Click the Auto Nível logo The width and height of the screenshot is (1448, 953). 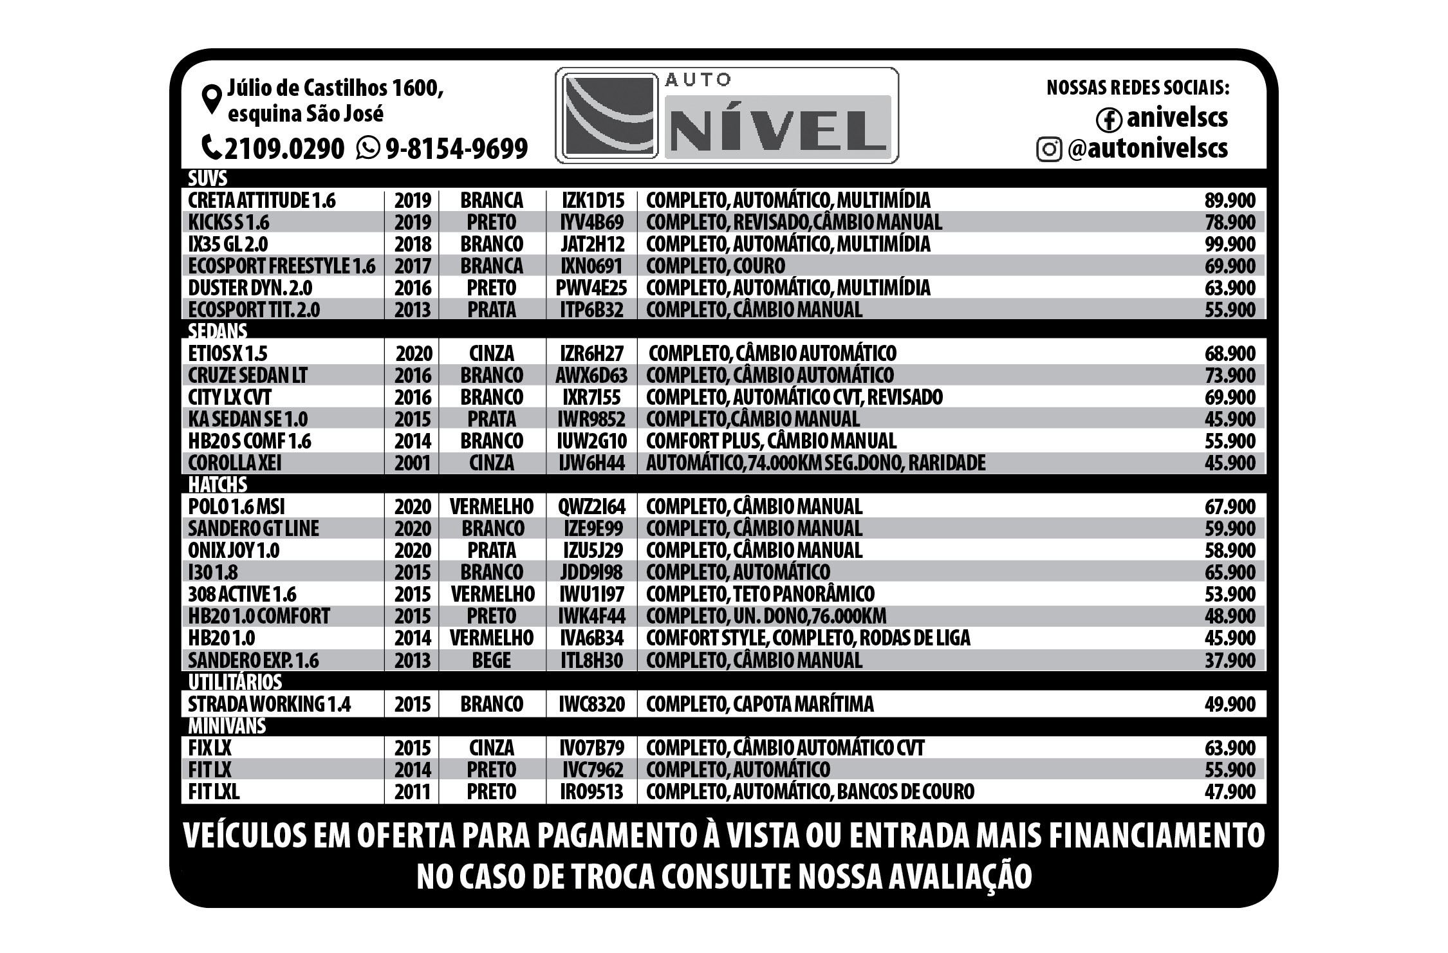pyautogui.click(x=727, y=116)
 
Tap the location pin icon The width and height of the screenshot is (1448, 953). pyautogui.click(x=212, y=100)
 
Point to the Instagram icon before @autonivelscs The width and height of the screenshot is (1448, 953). pyautogui.click(x=1049, y=149)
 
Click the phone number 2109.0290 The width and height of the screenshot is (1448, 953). pyautogui.click(x=284, y=149)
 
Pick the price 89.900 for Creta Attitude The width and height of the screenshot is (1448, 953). pyautogui.click(x=1229, y=200)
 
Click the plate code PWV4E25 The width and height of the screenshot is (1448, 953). pyautogui.click(x=591, y=288)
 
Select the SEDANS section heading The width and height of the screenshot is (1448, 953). pyautogui.click(x=218, y=331)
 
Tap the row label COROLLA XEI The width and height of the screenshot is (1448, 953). pyautogui.click(x=234, y=463)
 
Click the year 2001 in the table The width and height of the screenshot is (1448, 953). pyautogui.click(x=412, y=463)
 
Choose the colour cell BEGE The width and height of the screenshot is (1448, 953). pyautogui.click(x=491, y=660)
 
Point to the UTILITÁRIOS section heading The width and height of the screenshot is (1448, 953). pyautogui.click(x=235, y=681)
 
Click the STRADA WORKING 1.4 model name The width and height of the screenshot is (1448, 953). pyautogui.click(x=269, y=704)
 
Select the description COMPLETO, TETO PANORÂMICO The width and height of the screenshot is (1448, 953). pyautogui.click(x=760, y=594)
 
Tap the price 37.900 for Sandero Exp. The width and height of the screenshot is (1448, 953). pyautogui.click(x=1229, y=660)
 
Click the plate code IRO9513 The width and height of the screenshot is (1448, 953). pyautogui.click(x=591, y=791)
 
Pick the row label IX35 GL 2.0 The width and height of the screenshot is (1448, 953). pyautogui.click(x=228, y=244)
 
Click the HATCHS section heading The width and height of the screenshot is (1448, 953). pyautogui.click(x=218, y=484)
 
